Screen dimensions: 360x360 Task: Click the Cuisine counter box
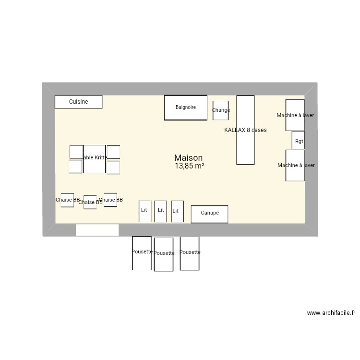tap(78, 102)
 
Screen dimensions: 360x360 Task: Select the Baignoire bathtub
tap(186, 108)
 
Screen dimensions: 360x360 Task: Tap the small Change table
tap(221, 110)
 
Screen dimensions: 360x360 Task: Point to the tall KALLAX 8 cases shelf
tap(245, 130)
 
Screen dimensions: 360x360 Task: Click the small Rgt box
tap(298, 141)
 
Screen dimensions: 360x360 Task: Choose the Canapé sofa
tap(209, 214)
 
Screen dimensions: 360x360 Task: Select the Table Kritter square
tap(94, 159)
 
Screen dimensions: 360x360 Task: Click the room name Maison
tap(188, 158)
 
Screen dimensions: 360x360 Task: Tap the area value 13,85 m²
tap(189, 166)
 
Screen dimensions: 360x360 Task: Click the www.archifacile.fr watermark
tap(331, 313)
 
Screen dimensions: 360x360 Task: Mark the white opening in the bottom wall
tap(97, 230)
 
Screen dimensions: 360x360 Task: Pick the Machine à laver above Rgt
tap(295, 115)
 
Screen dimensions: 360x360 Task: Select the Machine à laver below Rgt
tap(295, 165)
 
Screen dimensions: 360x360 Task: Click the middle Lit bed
tap(160, 211)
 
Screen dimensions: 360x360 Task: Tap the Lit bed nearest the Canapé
tap(177, 211)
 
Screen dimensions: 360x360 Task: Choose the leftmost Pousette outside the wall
tap(142, 252)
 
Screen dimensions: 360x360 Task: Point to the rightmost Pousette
tap(190, 253)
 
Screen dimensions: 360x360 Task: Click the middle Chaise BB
tap(90, 202)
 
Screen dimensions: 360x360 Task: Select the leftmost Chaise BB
tap(67, 200)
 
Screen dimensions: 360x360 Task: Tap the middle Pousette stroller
tap(164, 254)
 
